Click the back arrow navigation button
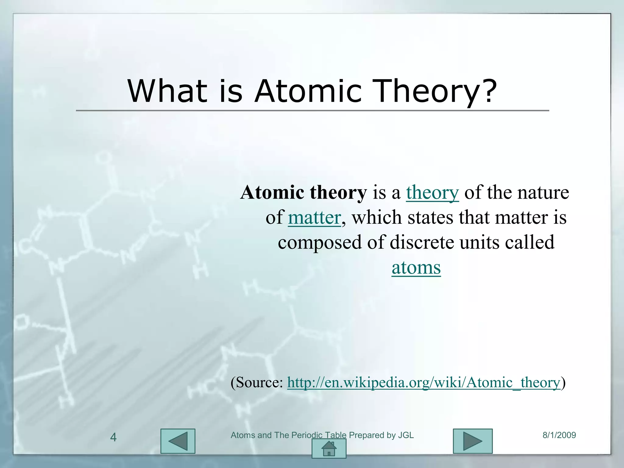click(178, 441)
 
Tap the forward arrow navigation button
click(473, 441)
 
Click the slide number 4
click(113, 438)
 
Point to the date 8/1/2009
click(559, 435)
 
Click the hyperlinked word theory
click(432, 193)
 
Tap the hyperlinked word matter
click(314, 218)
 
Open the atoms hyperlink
click(416, 268)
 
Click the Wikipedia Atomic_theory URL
click(424, 382)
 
